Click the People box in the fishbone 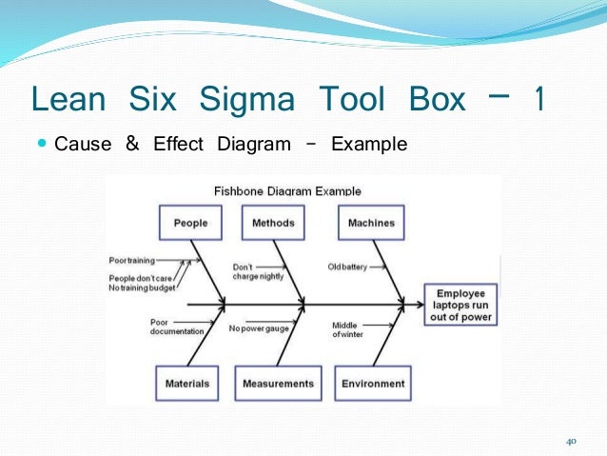click(190, 224)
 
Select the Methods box click(273, 224)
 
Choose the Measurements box click(278, 384)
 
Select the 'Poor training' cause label click(131, 259)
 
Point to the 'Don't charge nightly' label click(251, 272)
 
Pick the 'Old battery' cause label click(347, 268)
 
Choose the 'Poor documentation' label click(176, 327)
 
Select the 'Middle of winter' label click(347, 330)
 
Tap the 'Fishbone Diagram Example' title click(287, 190)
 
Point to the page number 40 click(571, 441)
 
